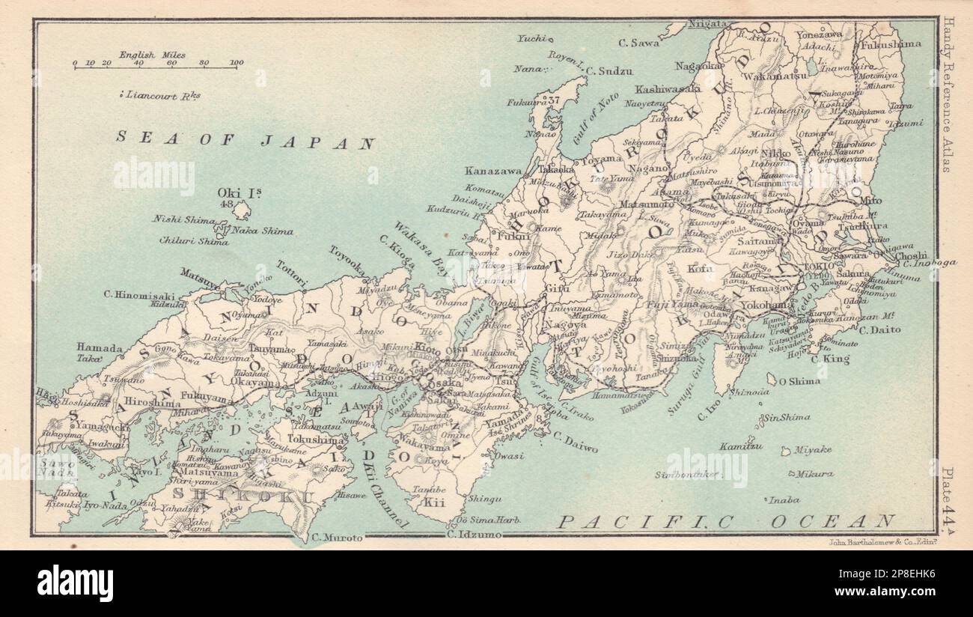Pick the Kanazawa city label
tap(492, 171)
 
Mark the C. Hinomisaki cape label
tap(145, 295)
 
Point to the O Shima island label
tap(799, 381)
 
